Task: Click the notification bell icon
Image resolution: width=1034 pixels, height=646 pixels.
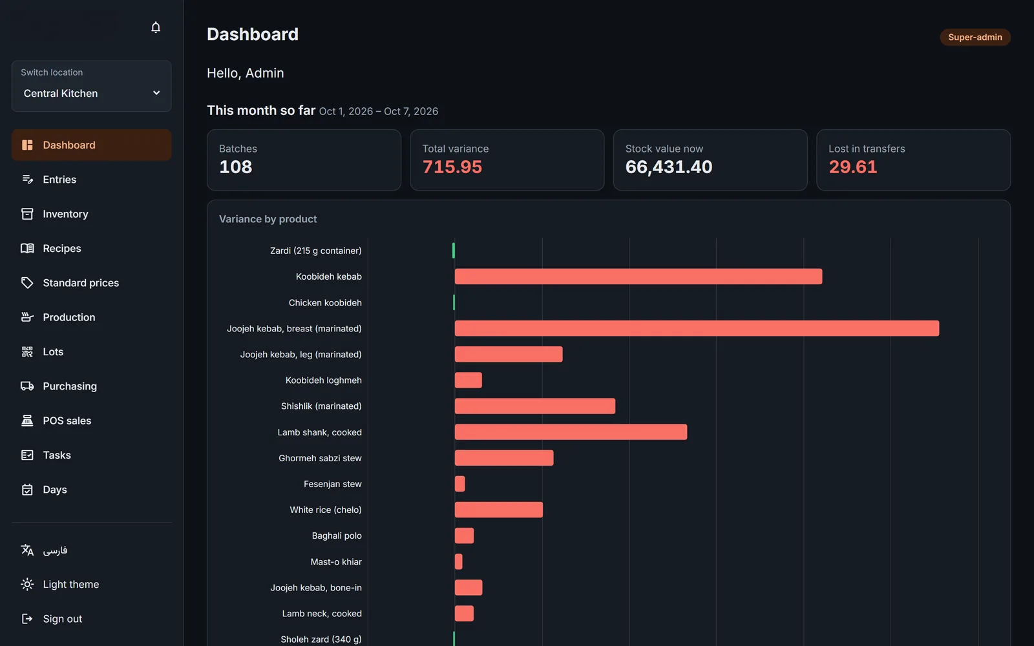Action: pos(156,28)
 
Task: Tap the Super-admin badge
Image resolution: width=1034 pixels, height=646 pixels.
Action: pos(975,37)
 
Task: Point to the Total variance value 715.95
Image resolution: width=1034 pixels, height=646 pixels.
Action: pos(452,167)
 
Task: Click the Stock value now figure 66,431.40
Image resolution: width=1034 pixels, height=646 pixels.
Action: pos(668,167)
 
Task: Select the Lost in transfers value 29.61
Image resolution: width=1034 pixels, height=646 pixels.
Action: pos(852,167)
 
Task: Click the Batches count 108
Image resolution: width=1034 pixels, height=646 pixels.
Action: pos(235,167)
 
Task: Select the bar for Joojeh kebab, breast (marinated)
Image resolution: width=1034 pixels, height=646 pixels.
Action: pos(697,328)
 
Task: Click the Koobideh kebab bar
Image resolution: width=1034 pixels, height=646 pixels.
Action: pos(638,276)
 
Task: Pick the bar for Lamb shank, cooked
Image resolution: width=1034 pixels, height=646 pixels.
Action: pos(571,432)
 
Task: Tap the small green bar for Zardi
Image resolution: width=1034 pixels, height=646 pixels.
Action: pos(453,251)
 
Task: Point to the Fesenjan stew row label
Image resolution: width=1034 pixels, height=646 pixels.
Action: pos(332,484)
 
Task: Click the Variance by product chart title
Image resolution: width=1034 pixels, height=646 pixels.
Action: pos(268,219)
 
